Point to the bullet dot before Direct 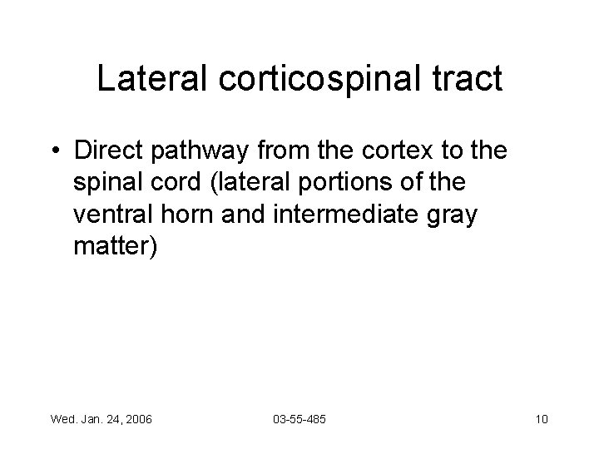coord(54,151)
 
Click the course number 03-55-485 coord(299,418)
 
